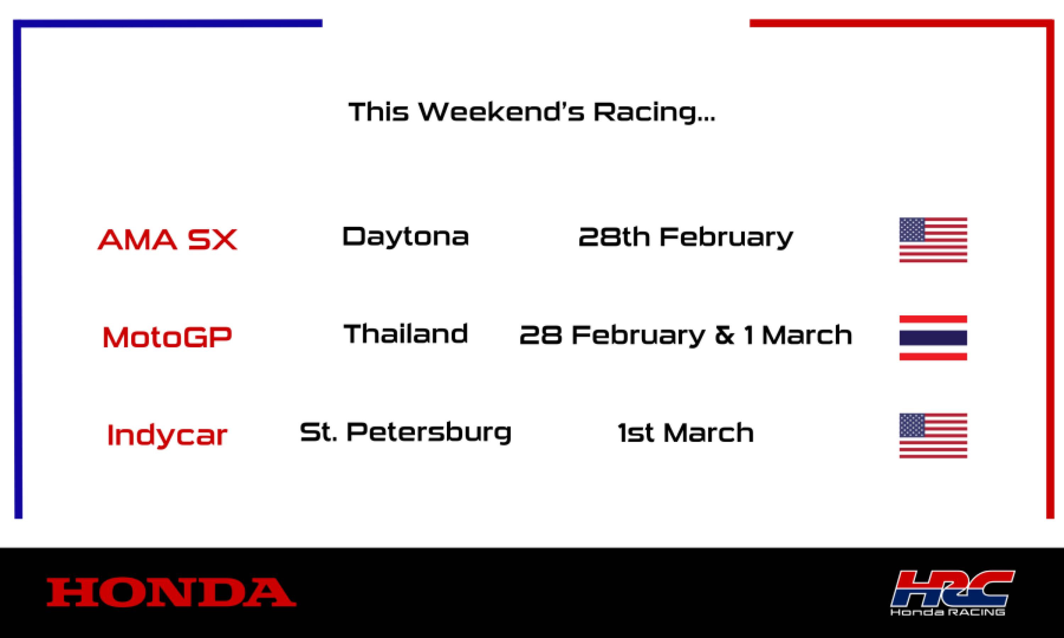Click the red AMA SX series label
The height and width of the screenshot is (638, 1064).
(167, 240)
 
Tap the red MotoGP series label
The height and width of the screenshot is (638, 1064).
(167, 337)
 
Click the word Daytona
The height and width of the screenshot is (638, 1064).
(405, 236)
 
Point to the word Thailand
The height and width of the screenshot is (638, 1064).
(405, 334)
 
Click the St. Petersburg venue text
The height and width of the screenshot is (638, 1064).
(405, 432)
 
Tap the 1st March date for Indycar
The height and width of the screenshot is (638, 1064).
(686, 432)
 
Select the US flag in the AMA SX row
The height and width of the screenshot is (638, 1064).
(933, 240)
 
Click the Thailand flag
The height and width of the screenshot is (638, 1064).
(933, 337)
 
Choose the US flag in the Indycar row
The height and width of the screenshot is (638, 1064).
(933, 436)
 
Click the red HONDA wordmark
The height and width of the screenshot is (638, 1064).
(171, 592)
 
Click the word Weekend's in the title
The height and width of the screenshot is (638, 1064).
(501, 112)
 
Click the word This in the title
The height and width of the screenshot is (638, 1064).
(378, 112)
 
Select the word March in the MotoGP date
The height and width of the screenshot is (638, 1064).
(807, 335)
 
